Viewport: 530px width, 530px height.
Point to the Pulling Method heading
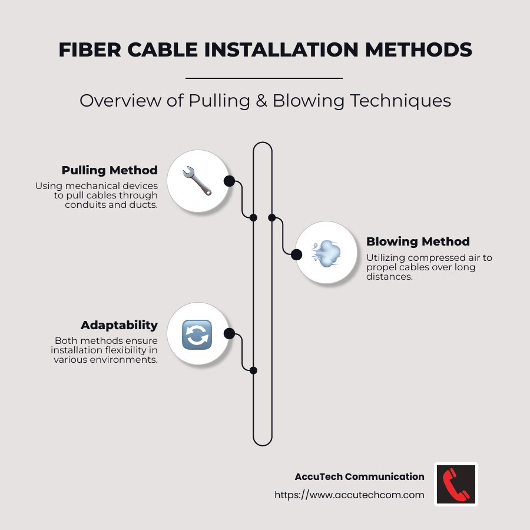[x=110, y=170]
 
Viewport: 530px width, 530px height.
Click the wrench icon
[x=197, y=181]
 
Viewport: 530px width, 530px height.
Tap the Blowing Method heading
[x=418, y=241]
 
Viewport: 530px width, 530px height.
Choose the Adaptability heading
[x=119, y=325]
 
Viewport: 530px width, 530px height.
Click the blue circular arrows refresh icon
[x=197, y=334]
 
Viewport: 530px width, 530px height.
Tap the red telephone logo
[x=456, y=484]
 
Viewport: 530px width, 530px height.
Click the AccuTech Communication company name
[x=359, y=476]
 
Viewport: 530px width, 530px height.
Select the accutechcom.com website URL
[x=349, y=495]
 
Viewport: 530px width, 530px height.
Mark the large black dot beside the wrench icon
[x=229, y=181]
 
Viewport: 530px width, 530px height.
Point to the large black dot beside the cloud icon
[x=297, y=254]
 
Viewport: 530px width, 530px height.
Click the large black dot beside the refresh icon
[x=230, y=334]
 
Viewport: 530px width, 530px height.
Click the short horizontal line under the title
[x=264, y=78]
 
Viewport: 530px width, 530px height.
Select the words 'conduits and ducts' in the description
[x=111, y=205]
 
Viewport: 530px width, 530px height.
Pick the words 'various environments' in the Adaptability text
[x=105, y=359]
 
